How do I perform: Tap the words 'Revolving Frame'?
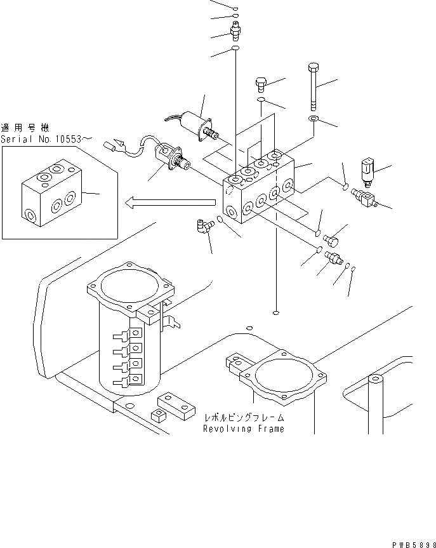coord(243,429)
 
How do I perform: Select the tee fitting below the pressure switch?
coord(366,197)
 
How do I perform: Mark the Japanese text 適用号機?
coord(24,128)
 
